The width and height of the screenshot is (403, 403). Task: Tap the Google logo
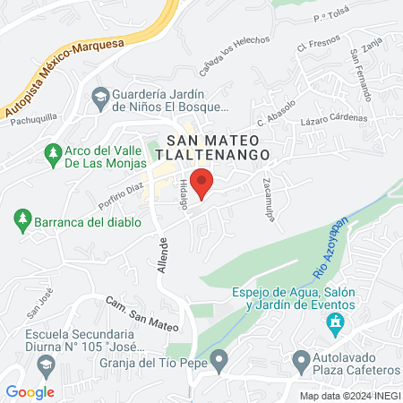(30, 391)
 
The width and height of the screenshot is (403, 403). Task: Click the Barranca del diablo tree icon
(21, 219)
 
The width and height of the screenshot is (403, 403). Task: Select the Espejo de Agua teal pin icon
(336, 322)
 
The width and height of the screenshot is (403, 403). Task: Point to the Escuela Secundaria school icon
(46, 365)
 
